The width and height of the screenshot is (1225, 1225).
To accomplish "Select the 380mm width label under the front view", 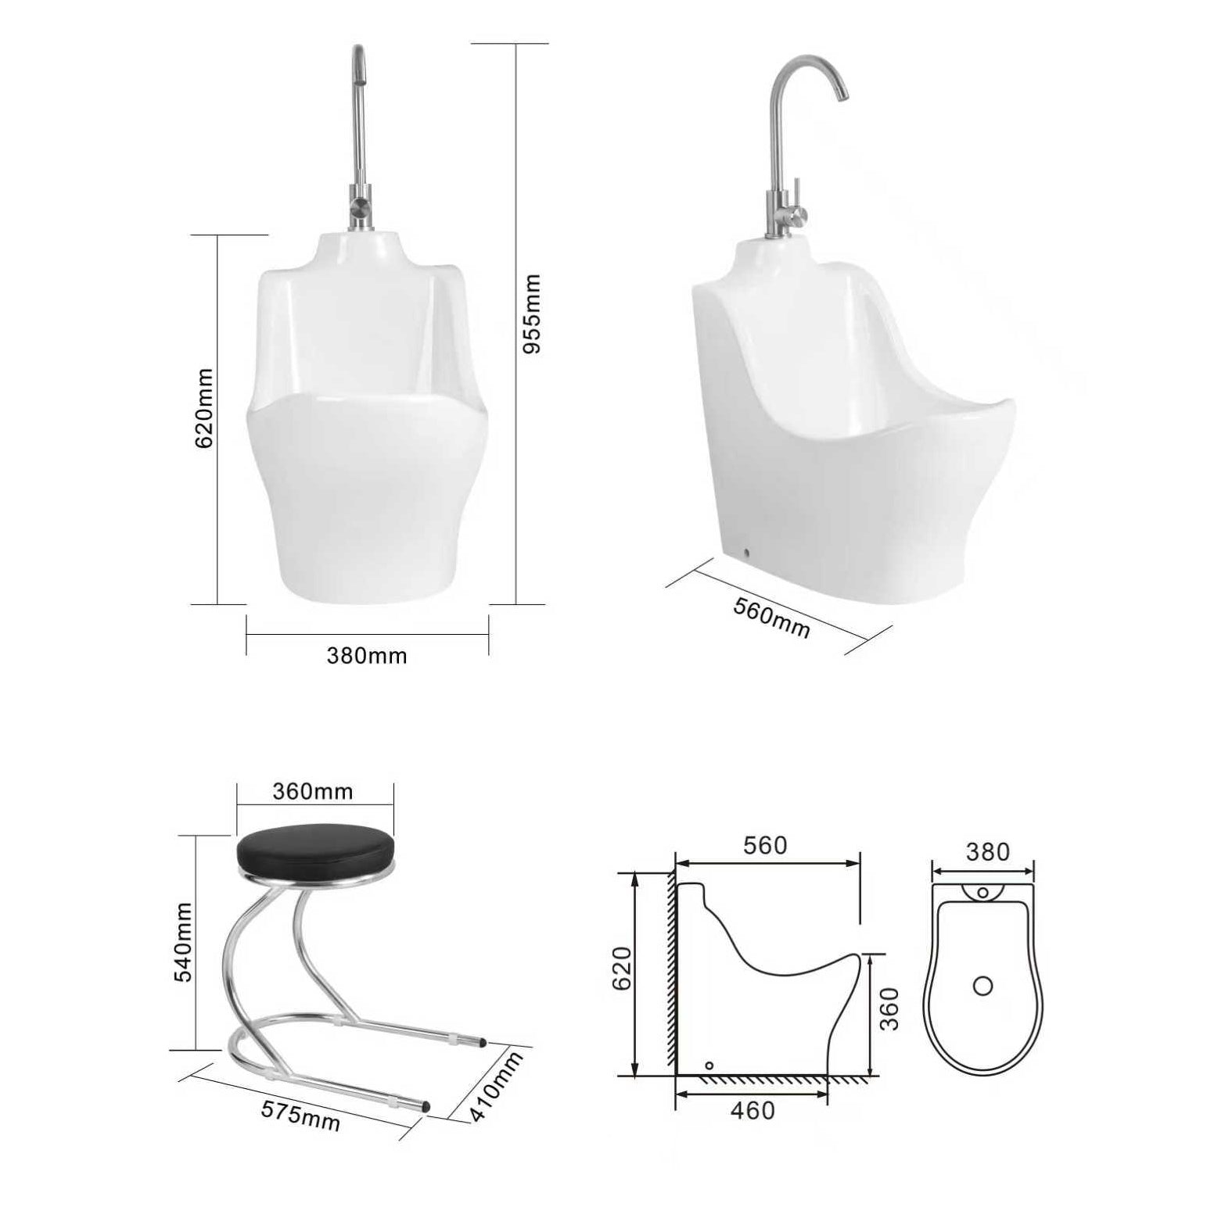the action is point(367,655).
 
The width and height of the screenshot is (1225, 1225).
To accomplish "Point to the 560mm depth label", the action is point(771,617).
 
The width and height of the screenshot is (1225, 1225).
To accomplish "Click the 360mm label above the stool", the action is point(313,792).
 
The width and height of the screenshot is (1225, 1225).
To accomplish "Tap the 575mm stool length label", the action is point(300,1115).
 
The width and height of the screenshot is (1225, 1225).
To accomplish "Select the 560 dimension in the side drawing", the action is point(764,845).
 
